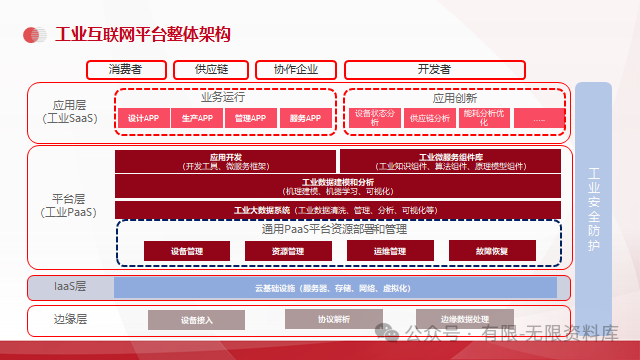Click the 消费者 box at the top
(x=126, y=70)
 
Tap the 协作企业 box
(x=288, y=70)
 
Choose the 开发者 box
(x=433, y=70)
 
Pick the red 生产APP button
(x=198, y=118)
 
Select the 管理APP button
(x=251, y=118)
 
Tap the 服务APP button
(x=305, y=118)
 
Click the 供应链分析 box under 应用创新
(x=430, y=118)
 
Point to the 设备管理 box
(x=187, y=250)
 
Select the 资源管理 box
(x=288, y=250)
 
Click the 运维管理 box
(x=389, y=250)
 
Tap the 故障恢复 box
(x=492, y=250)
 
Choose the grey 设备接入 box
(x=197, y=320)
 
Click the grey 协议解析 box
(x=334, y=320)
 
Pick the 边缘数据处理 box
(x=471, y=320)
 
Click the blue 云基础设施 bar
(x=335, y=288)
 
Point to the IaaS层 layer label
(x=70, y=287)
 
